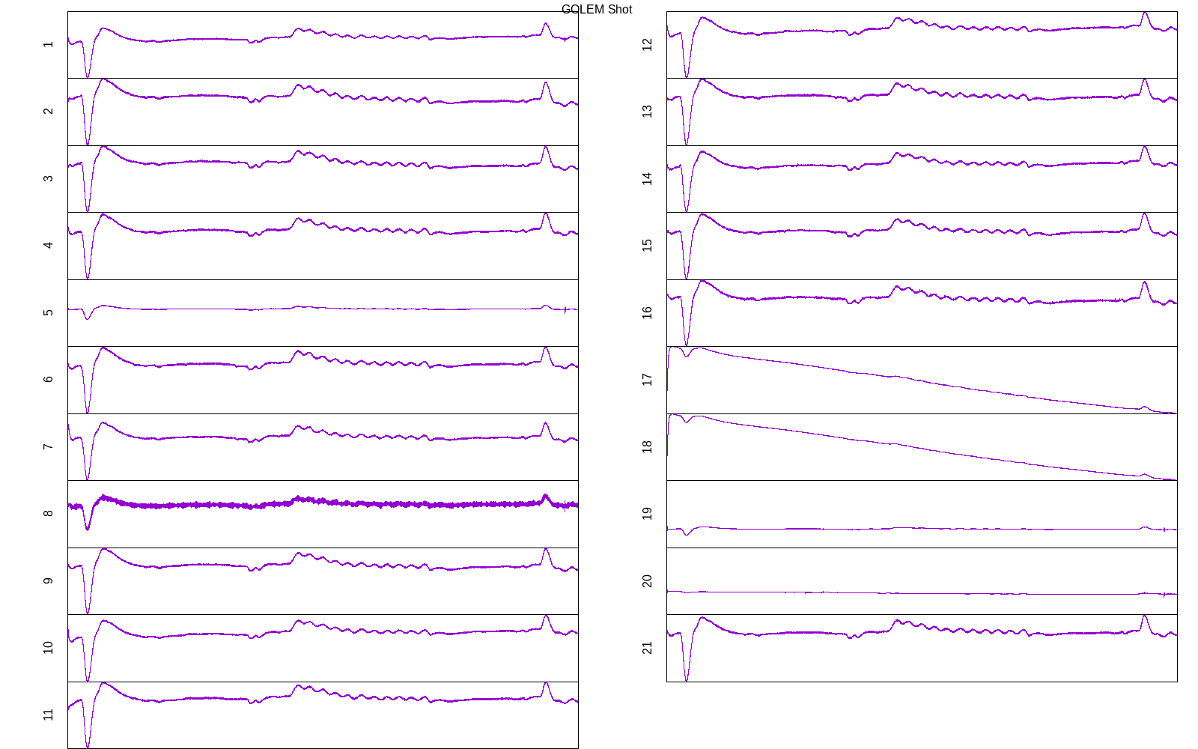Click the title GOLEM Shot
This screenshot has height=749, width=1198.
pyautogui.click(x=596, y=10)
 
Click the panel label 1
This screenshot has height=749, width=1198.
pyautogui.click(x=49, y=44)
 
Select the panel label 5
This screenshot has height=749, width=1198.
pyautogui.click(x=49, y=312)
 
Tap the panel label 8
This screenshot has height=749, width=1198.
pyautogui.click(x=49, y=513)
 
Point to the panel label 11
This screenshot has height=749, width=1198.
pyautogui.click(x=49, y=715)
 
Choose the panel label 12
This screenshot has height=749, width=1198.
pyautogui.click(x=648, y=44)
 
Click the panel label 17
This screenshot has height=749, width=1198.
pyautogui.click(x=648, y=380)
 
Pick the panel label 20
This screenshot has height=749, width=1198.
pyautogui.click(x=648, y=580)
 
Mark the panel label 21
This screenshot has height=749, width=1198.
pyautogui.click(x=648, y=647)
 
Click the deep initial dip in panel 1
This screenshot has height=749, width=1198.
pyautogui.click(x=88, y=76)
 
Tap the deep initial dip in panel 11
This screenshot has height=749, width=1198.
pyautogui.click(x=88, y=746)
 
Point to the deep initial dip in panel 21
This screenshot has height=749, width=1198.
pyautogui.click(x=687, y=679)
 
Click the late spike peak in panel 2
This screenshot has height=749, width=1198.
pyautogui.click(x=546, y=82)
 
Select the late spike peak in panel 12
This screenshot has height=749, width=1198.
pyautogui.click(x=1145, y=13)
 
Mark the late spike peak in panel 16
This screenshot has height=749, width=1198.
pyautogui.click(x=1145, y=282)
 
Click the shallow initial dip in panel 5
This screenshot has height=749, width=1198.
pyautogui.click(x=88, y=319)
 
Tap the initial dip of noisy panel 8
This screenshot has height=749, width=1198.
pyautogui.click(x=88, y=529)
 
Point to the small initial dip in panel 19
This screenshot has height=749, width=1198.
pyautogui.click(x=687, y=534)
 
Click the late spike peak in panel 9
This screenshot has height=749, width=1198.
pyautogui.click(x=546, y=549)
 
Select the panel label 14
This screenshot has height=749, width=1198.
pyautogui.click(x=648, y=178)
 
